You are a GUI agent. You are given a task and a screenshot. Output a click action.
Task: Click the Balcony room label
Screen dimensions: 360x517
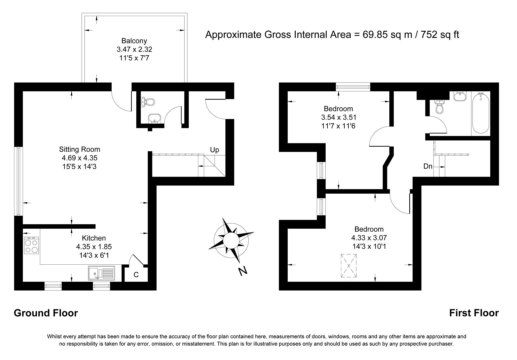(134, 41)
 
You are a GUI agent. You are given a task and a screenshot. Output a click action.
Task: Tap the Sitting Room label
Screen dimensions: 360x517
(79, 149)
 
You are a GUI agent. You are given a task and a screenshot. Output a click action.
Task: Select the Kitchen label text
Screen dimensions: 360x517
(94, 238)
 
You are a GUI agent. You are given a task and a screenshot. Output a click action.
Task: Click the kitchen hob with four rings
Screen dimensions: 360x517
(31, 246)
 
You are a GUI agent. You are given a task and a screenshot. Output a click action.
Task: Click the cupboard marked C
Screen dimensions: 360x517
(136, 275)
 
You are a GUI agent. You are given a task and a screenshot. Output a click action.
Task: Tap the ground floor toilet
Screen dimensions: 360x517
(149, 102)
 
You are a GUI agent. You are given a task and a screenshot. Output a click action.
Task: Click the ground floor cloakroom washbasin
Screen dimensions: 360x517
(154, 118)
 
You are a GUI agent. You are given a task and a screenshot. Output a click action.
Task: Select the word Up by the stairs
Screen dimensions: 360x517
(214, 150)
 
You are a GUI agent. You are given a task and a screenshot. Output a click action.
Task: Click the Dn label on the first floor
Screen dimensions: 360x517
(428, 166)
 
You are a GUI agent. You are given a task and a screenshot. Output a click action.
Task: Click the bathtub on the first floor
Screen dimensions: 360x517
(480, 114)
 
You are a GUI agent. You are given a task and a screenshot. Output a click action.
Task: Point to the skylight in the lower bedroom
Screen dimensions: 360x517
(349, 266)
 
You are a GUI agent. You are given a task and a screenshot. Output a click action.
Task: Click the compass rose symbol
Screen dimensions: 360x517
(230, 240)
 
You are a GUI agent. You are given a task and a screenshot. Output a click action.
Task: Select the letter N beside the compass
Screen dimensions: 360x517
(243, 271)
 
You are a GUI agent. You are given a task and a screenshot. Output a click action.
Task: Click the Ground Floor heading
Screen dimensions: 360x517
(46, 313)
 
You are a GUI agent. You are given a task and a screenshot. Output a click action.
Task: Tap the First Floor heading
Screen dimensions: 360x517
(474, 313)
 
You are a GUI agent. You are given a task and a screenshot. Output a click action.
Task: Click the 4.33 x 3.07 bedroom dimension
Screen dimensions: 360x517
(369, 238)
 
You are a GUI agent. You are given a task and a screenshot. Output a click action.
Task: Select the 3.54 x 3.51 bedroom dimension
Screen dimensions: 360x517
(338, 117)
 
